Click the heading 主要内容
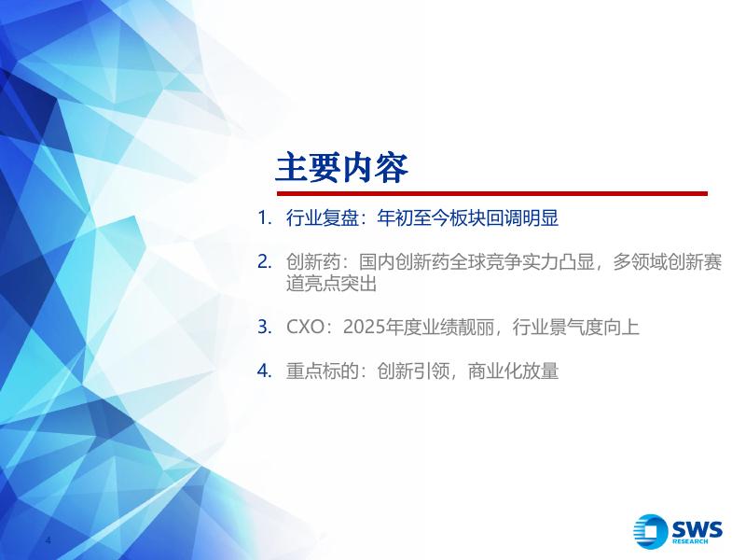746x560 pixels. (341, 168)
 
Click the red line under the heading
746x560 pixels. (492, 194)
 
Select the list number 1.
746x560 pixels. (264, 218)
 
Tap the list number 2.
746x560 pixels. (264, 262)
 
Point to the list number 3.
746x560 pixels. (264, 328)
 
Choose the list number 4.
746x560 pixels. (264, 371)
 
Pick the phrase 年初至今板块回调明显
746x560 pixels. (468, 218)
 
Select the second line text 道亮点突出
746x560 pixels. (331, 284)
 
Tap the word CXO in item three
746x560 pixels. (306, 328)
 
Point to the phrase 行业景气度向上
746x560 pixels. (575, 328)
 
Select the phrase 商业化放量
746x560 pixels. (513, 371)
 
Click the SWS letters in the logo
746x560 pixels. (697, 529)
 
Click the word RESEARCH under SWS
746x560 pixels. (690, 541)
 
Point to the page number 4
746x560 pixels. (48, 540)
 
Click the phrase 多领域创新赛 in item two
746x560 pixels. (667, 262)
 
